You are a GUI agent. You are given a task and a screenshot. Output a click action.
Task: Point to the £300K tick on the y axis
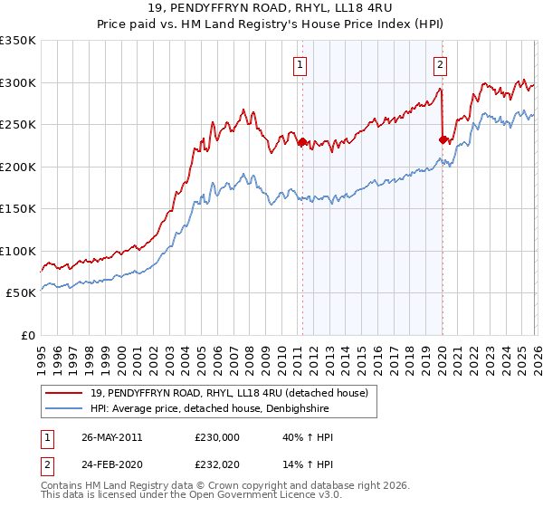pos(18,82)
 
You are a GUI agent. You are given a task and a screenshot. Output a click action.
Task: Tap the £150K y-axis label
pos(18,208)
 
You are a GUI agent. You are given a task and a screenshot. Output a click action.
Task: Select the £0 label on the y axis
pos(28,335)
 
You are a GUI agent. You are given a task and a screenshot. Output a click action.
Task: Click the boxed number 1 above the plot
pos(300,64)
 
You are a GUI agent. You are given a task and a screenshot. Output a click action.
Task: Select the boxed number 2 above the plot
pos(440,64)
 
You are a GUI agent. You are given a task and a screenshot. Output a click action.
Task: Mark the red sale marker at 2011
pos(301,141)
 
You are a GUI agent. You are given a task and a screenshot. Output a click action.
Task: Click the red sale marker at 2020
pos(443,139)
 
